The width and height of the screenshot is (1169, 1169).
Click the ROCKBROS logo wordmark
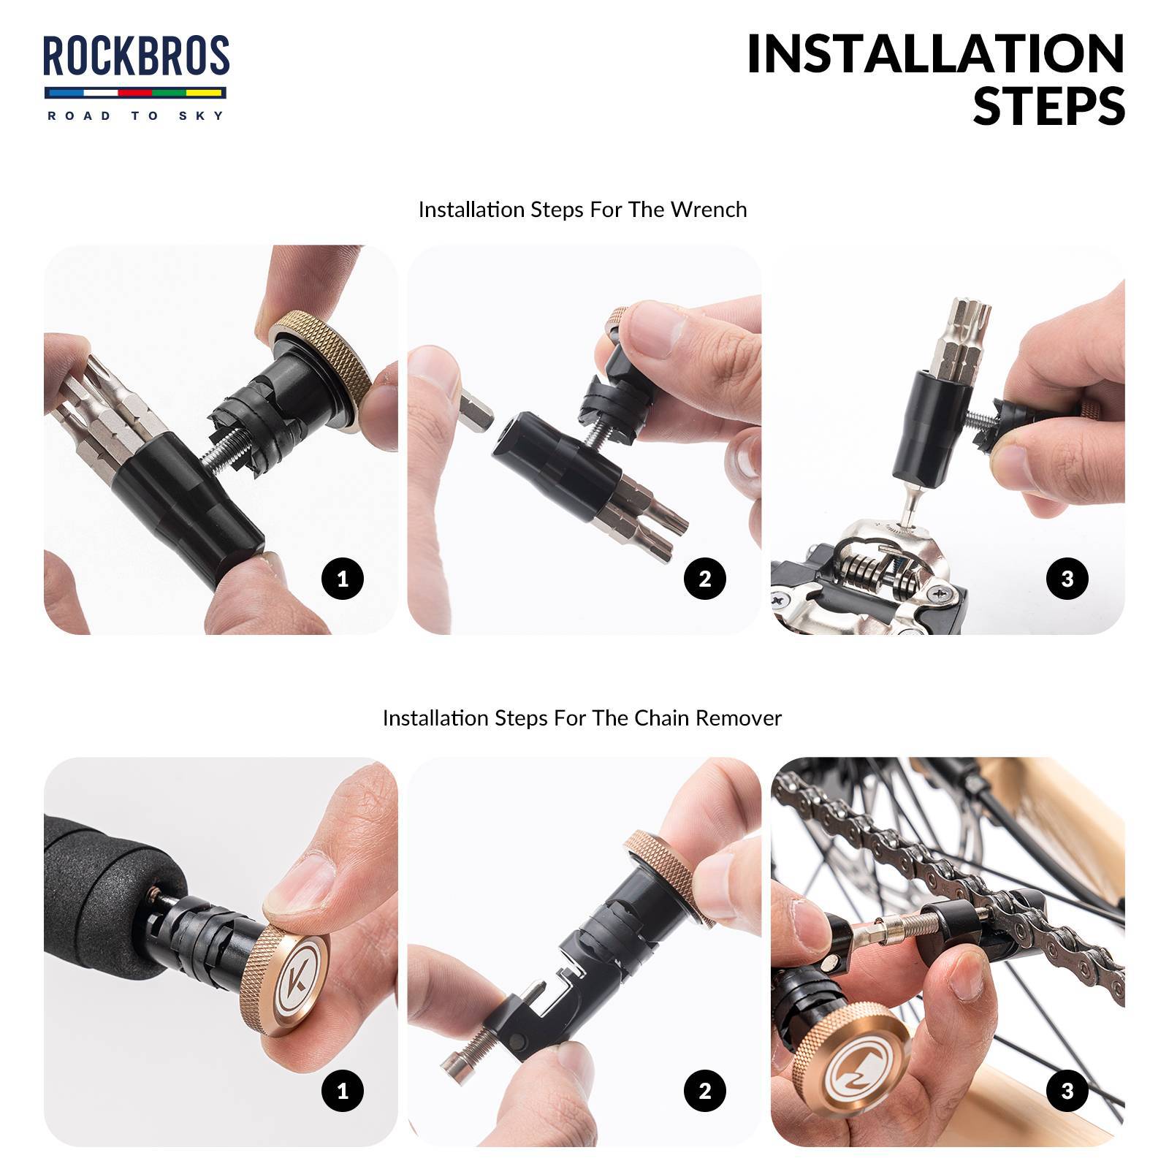[x=136, y=56]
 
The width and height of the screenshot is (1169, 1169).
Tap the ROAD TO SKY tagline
[x=136, y=115]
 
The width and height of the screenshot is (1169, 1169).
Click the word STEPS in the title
[x=1048, y=106]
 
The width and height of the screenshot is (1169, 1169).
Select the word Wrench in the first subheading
[x=708, y=210]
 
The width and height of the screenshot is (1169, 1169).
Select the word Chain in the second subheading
[x=661, y=718]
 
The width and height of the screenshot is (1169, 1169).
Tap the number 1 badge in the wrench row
[x=342, y=579]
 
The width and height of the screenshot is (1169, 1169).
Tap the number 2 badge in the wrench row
[x=704, y=579]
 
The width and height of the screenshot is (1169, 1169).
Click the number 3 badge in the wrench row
[x=1067, y=579]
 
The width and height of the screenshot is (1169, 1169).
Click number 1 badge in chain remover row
[x=342, y=1092]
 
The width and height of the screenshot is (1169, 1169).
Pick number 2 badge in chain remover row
[x=704, y=1092]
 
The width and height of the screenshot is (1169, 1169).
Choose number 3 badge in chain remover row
[x=1067, y=1092]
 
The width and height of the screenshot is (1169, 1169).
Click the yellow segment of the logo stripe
[x=205, y=94]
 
